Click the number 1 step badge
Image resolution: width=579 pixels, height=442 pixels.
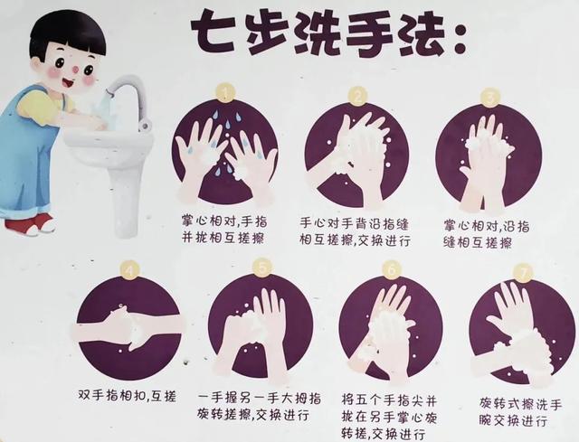(x=226, y=92)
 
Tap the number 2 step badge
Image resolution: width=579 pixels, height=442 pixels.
(x=358, y=97)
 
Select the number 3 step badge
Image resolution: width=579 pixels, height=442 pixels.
(x=490, y=98)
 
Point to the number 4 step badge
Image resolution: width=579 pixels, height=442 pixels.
(x=128, y=271)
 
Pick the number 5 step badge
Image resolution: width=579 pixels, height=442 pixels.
(x=262, y=268)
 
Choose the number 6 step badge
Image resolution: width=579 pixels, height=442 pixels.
(x=392, y=270)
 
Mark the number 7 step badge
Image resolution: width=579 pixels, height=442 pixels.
(x=524, y=273)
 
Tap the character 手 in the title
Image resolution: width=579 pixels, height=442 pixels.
(x=364, y=34)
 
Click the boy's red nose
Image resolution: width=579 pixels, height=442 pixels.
(x=75, y=69)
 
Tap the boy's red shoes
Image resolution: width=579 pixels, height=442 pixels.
(x=30, y=223)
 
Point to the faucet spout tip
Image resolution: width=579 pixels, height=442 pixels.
(x=109, y=92)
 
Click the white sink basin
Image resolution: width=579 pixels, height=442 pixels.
(x=109, y=145)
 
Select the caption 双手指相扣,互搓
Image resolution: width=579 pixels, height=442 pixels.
(x=127, y=396)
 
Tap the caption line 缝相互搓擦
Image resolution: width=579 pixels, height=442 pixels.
(x=478, y=243)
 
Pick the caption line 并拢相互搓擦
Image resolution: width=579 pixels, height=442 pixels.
(x=223, y=238)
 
